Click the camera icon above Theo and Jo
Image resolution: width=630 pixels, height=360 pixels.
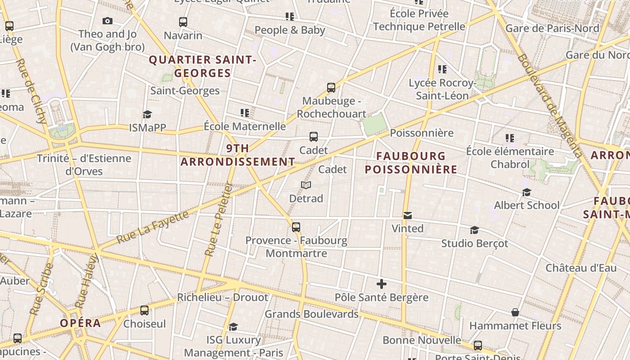click(x=107, y=21)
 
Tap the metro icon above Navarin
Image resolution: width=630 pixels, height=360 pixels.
click(x=183, y=22)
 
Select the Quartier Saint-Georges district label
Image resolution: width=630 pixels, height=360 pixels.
click(x=202, y=66)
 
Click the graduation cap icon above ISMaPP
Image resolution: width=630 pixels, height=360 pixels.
click(x=147, y=115)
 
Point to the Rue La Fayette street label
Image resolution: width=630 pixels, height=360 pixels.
click(x=153, y=227)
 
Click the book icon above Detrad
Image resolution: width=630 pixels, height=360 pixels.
click(x=306, y=185)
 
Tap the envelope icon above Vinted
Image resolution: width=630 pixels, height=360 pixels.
click(x=407, y=216)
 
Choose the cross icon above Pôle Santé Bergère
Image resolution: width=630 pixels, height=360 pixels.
click(x=382, y=284)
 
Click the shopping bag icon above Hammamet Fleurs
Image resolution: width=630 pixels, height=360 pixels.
click(x=515, y=312)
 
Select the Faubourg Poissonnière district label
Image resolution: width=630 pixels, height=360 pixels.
click(x=411, y=162)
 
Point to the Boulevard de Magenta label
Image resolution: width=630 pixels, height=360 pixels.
click(x=549, y=106)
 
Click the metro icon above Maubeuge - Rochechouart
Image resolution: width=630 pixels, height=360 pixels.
click(x=331, y=88)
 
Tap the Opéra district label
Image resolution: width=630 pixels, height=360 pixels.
click(x=81, y=323)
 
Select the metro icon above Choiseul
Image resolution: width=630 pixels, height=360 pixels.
click(x=144, y=310)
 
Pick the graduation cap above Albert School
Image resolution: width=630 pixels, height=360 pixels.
click(x=526, y=193)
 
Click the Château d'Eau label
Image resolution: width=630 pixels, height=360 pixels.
click(x=581, y=268)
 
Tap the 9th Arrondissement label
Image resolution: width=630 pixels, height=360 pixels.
click(x=238, y=155)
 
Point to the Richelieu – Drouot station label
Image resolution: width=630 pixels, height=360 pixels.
click(x=222, y=297)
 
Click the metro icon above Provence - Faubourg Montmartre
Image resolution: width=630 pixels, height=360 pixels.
click(x=296, y=227)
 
